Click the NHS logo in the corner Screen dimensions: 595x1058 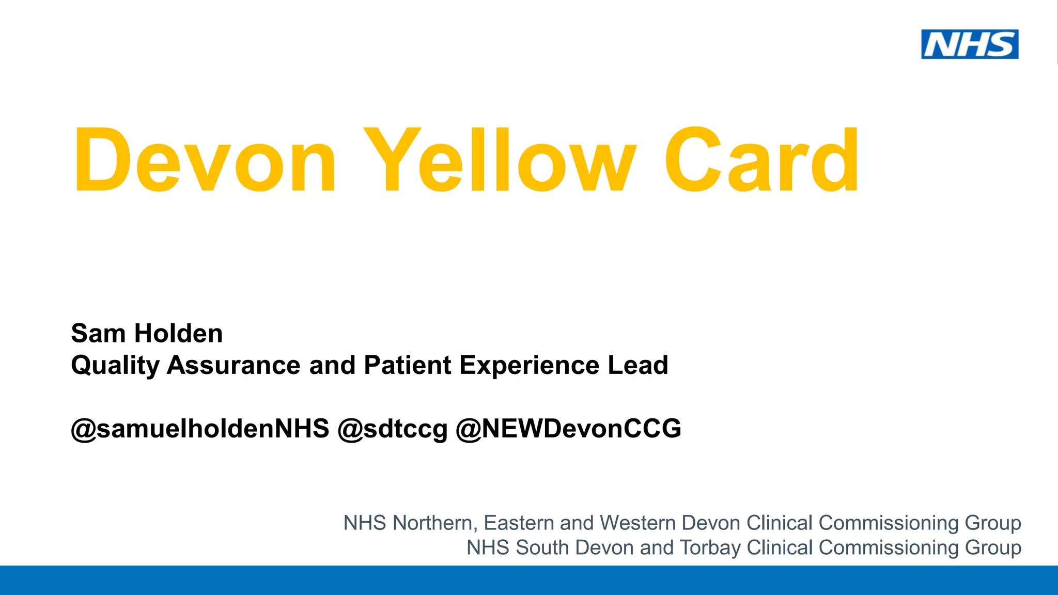[x=970, y=44]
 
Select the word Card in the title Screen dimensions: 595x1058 [x=761, y=160]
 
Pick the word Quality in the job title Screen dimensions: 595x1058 [x=115, y=366]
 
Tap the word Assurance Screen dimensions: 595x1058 [x=234, y=365]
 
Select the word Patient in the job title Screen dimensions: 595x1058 [x=407, y=365]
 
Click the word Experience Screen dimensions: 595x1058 [x=529, y=366]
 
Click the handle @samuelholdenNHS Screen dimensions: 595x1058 [x=200, y=429]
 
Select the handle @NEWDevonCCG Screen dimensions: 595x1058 [x=568, y=429]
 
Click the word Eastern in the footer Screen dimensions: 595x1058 [x=519, y=523]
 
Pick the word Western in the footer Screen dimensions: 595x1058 [x=638, y=523]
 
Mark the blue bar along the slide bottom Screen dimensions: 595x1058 [x=529, y=581]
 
